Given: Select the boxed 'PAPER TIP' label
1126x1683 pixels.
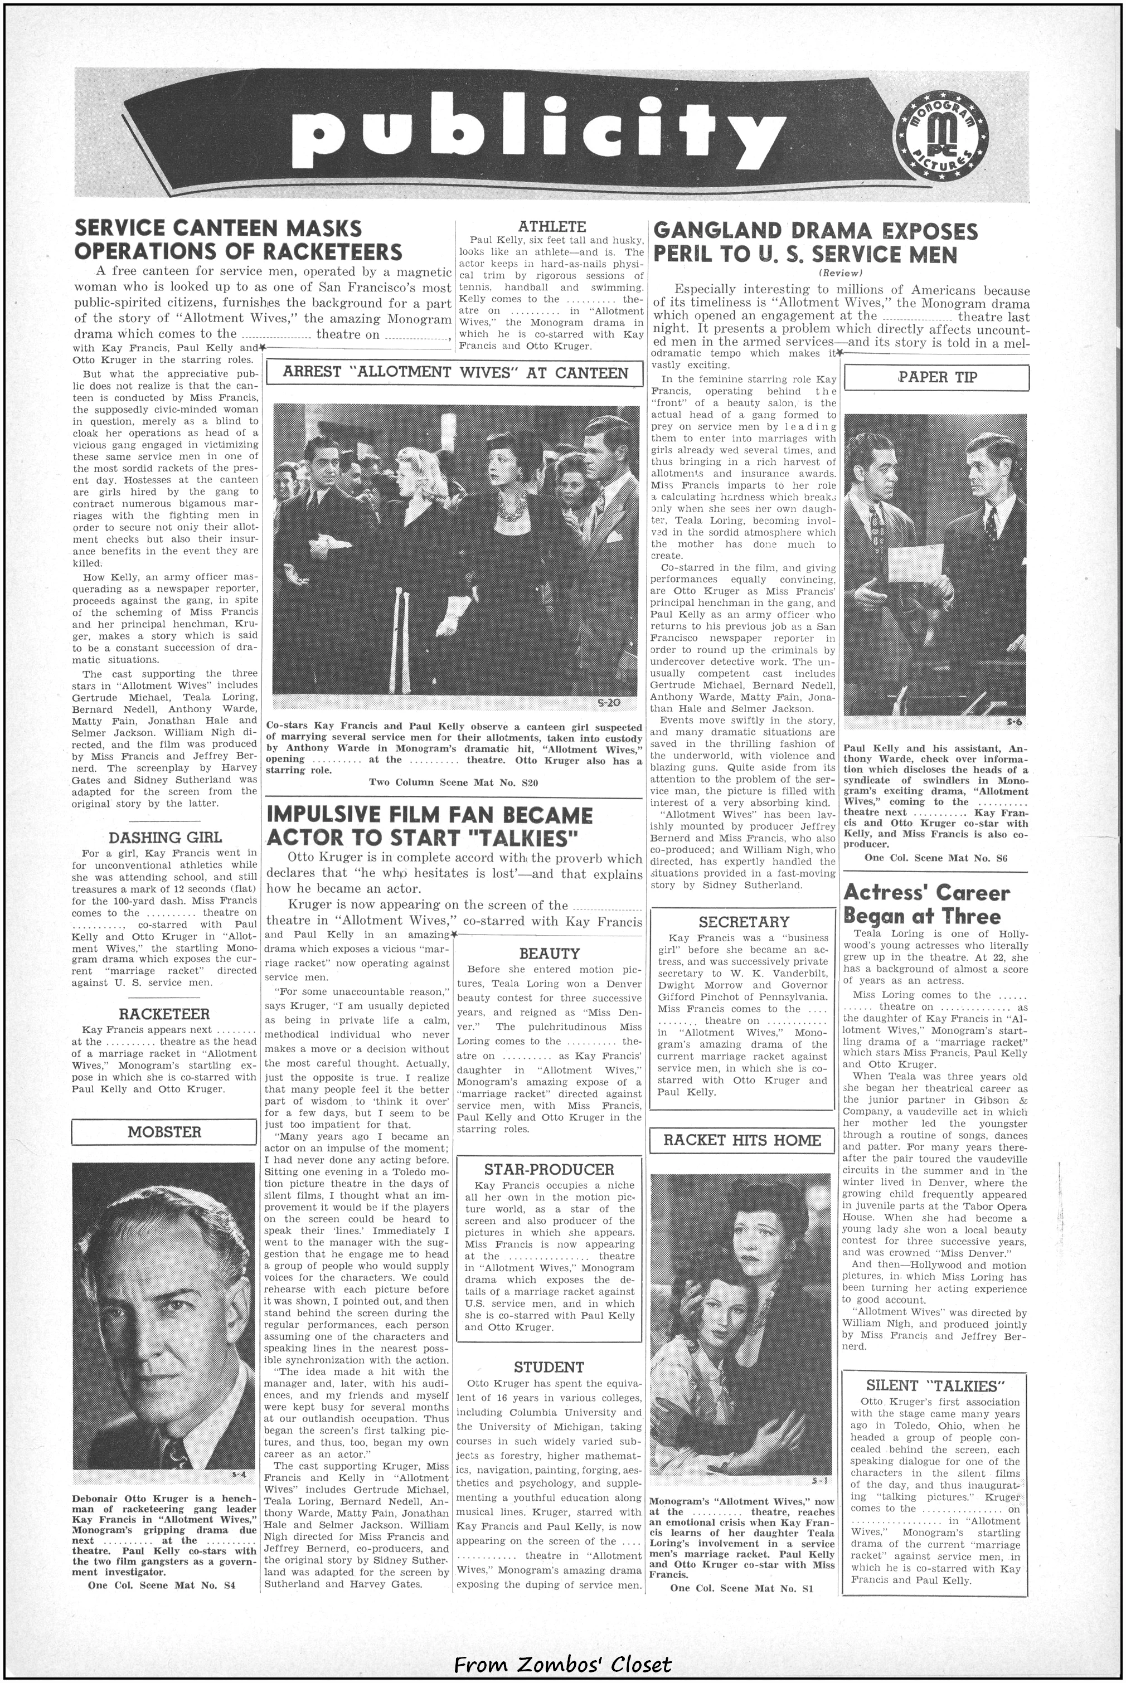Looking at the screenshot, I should pyautogui.click(x=936, y=377).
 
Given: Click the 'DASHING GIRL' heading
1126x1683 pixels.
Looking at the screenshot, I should pyautogui.click(x=165, y=837).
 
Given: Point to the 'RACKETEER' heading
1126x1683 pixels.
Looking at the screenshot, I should pyautogui.click(x=164, y=1014).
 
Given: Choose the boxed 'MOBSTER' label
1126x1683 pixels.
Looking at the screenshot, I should pyautogui.click(x=164, y=1132).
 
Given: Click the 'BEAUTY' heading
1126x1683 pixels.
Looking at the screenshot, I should pyautogui.click(x=550, y=954).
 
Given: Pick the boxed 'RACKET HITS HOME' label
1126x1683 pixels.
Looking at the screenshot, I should pyautogui.click(x=742, y=1140).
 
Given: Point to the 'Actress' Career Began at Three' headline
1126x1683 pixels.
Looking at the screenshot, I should pyautogui.click(x=927, y=904).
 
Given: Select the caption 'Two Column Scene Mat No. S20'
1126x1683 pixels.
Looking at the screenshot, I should pyautogui.click(x=453, y=782).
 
